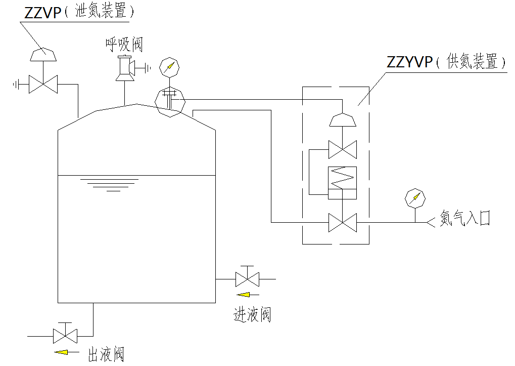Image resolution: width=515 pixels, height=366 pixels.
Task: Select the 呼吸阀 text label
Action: point(124,45)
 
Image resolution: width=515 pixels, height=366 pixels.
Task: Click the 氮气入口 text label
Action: point(464,218)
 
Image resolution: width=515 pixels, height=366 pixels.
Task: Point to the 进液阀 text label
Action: point(252,315)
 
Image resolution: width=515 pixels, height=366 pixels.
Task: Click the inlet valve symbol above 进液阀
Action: point(247,278)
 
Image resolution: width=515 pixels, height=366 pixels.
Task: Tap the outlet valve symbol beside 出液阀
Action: point(65,335)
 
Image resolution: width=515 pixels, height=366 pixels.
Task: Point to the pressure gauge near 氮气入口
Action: point(415,198)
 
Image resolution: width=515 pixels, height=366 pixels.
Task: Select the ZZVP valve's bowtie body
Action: point(43,84)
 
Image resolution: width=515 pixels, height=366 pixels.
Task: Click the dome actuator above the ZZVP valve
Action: point(43,54)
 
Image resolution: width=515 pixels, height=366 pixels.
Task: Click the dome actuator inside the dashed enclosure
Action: point(342,119)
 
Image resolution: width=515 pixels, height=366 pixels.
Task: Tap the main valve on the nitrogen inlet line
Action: point(342,222)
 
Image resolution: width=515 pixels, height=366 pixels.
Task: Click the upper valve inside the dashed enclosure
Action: point(342,149)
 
